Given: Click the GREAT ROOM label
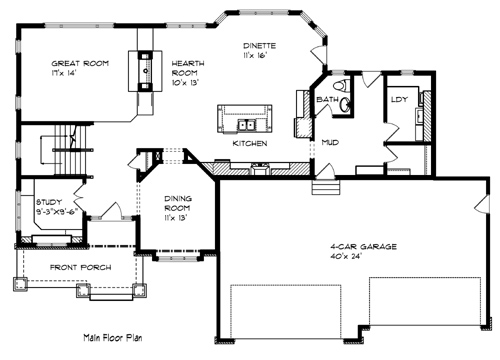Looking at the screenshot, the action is tap(80, 63).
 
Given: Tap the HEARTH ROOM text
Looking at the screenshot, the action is tap(188, 68).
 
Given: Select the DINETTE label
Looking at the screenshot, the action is tap(259, 46).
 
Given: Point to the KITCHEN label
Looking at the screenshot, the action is tap(250, 143).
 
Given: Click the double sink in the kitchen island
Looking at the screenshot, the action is tap(247, 125).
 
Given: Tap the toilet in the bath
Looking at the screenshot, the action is tap(341, 85).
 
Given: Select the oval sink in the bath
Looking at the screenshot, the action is tap(345, 104).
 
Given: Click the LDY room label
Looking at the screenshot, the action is tap(399, 99).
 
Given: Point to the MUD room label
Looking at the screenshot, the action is tap(330, 143).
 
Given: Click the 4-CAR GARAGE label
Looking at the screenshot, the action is tap(363, 247).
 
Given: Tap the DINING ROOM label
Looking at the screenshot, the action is tap(178, 203).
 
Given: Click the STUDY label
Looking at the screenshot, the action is tap(49, 202).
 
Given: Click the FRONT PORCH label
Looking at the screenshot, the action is tap(80, 267).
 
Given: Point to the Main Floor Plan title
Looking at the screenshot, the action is tap(113, 338).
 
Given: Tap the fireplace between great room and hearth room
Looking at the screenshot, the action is tap(145, 71).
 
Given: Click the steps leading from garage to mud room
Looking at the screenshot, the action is tap(326, 187).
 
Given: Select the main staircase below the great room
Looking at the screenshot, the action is tap(67, 149).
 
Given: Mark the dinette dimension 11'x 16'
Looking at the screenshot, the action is tap(255, 55).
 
